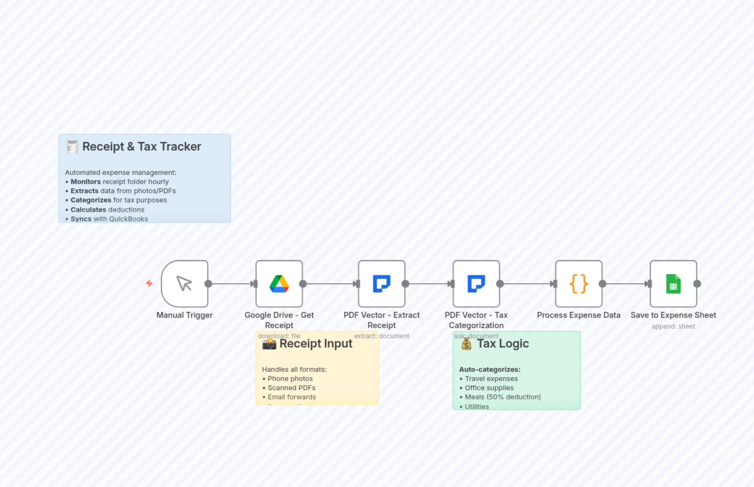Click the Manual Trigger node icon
click(184, 283)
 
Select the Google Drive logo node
click(279, 283)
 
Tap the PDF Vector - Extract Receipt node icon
click(381, 283)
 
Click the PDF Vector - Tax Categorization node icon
click(476, 283)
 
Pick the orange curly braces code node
click(579, 283)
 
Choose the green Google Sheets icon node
click(673, 283)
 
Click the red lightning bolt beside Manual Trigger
click(149, 283)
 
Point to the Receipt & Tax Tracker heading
click(141, 147)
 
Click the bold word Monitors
click(85, 182)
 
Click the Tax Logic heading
click(502, 343)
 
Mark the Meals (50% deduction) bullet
click(502, 397)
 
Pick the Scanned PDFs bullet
click(291, 388)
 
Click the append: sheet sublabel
click(673, 326)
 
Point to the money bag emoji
click(466, 344)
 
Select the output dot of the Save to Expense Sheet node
click(697, 284)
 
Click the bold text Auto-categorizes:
click(489, 369)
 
